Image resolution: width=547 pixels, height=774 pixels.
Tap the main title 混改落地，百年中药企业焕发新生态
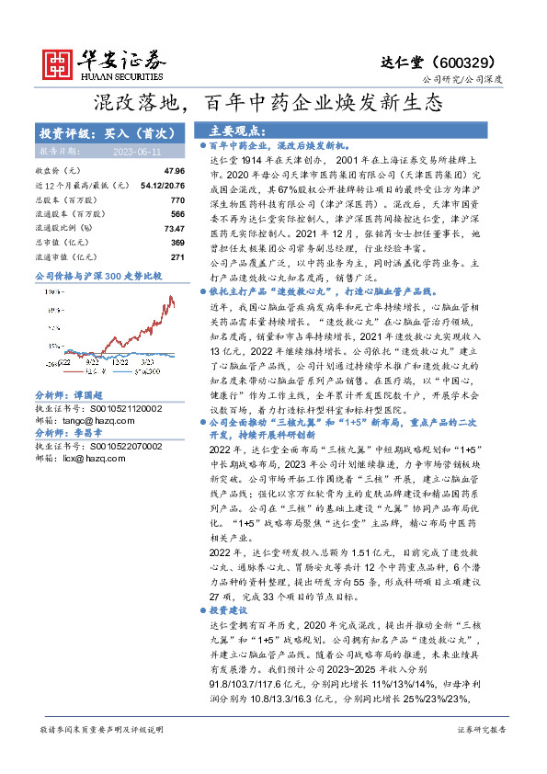pyautogui.click(x=272, y=102)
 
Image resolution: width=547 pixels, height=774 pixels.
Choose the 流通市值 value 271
pyautogui.click(x=177, y=256)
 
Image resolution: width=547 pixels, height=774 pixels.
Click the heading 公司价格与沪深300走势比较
pyautogui.click(x=98, y=275)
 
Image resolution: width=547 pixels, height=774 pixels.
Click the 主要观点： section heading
pyautogui.click(x=238, y=131)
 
